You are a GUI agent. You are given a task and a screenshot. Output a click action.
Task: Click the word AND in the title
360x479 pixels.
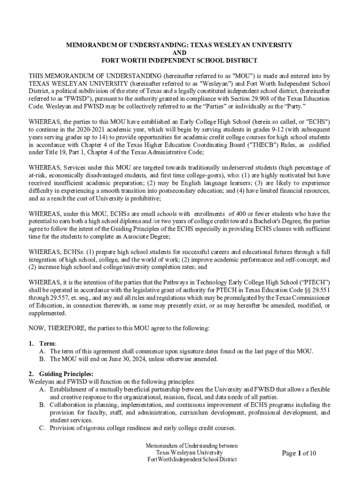[180, 53]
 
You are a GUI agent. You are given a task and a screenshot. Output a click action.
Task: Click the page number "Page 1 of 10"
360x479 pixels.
[299, 453]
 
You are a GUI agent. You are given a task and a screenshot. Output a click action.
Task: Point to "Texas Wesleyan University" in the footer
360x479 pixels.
[189, 452]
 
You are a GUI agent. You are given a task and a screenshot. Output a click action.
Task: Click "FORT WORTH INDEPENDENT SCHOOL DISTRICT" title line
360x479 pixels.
[180, 60]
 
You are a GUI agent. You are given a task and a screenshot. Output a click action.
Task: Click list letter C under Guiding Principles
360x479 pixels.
[42, 428]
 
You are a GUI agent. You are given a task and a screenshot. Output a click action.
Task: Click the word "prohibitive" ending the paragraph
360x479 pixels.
[144, 198]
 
